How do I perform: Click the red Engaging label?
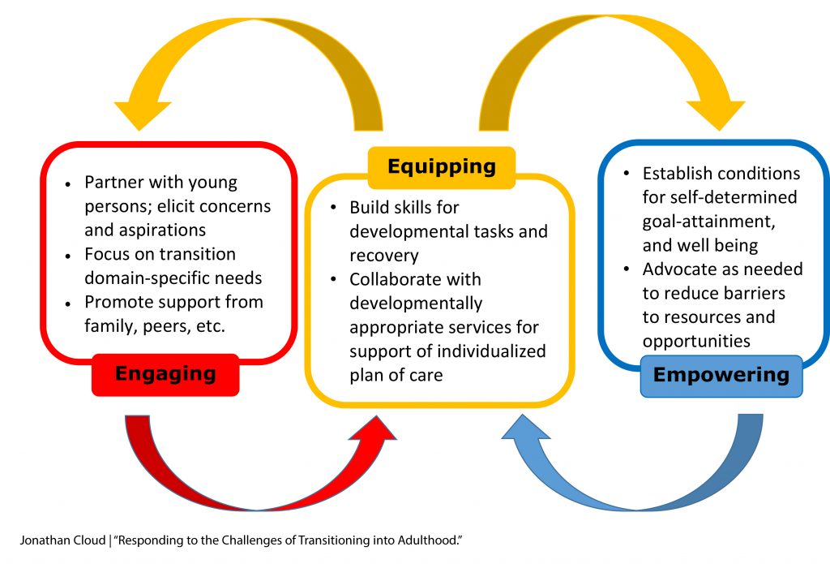click(165, 375)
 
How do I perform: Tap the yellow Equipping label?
click(442, 167)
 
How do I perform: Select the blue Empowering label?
click(721, 376)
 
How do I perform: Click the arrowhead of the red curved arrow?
click(373, 430)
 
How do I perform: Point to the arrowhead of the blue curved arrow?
click(525, 429)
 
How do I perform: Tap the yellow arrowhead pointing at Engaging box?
click(141, 114)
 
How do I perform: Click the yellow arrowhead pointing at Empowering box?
click(718, 114)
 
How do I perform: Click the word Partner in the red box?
click(114, 182)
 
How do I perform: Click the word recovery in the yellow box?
click(383, 256)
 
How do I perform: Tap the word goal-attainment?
click(708, 222)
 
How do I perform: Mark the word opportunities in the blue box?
click(696, 342)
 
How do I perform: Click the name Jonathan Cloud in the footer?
click(63, 540)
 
